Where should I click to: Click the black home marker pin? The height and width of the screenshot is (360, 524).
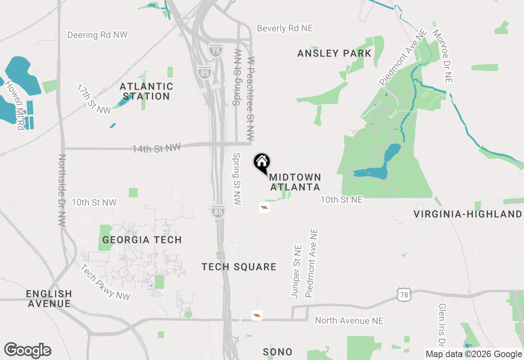click(x=262, y=162)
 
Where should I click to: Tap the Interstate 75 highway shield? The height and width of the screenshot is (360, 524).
click(x=215, y=50)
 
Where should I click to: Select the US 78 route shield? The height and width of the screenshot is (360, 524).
click(x=404, y=295)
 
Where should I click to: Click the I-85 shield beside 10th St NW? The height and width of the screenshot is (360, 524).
click(x=219, y=211)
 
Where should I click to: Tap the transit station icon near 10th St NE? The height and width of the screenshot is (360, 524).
click(x=264, y=208)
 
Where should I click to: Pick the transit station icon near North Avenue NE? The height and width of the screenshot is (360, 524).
click(x=257, y=315)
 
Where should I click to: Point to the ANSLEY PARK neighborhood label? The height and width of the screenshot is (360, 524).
click(x=334, y=53)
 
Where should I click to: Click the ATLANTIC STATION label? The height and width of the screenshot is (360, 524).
click(x=146, y=91)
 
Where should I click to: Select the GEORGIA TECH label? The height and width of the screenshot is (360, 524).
click(x=142, y=240)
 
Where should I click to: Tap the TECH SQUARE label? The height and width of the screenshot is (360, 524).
click(x=239, y=267)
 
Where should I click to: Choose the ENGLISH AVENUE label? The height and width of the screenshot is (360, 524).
click(x=49, y=299)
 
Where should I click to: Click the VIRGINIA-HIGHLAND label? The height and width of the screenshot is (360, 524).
click(x=468, y=214)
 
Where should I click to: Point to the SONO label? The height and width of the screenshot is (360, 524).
click(x=278, y=352)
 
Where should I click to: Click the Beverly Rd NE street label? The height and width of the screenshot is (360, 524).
click(x=285, y=28)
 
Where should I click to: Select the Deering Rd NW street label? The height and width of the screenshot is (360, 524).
click(x=97, y=35)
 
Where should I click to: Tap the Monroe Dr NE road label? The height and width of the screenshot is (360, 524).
click(x=442, y=56)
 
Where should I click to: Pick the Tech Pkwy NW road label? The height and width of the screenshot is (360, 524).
click(x=105, y=282)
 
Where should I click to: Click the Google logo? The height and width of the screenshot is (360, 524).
click(x=27, y=350)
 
